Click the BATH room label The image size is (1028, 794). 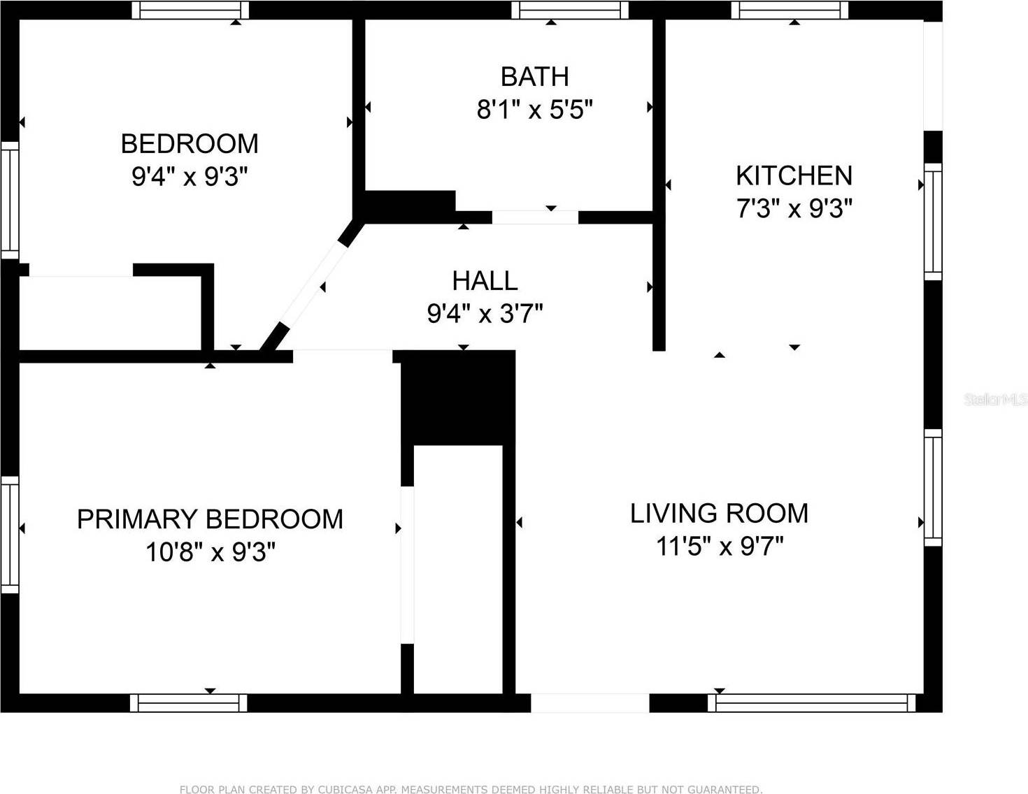(x=534, y=76)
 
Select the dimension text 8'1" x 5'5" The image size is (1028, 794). (x=534, y=110)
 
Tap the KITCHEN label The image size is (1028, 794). (x=794, y=175)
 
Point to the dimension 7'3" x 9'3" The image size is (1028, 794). (x=794, y=209)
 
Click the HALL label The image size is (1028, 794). (x=485, y=280)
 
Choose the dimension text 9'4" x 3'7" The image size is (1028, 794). (x=485, y=314)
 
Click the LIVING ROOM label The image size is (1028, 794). (x=719, y=513)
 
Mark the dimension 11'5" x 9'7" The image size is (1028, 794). (x=719, y=546)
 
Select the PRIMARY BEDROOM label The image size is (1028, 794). (x=210, y=519)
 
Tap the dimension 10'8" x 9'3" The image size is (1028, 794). (x=210, y=552)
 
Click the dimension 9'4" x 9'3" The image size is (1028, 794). (x=190, y=177)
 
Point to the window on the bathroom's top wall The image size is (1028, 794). (x=569, y=10)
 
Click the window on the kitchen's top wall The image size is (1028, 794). (x=790, y=10)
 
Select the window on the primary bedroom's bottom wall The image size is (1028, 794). (x=189, y=702)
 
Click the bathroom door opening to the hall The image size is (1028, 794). (x=535, y=217)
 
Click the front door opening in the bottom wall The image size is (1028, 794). (x=590, y=702)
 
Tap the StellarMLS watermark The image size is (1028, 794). (x=995, y=400)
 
